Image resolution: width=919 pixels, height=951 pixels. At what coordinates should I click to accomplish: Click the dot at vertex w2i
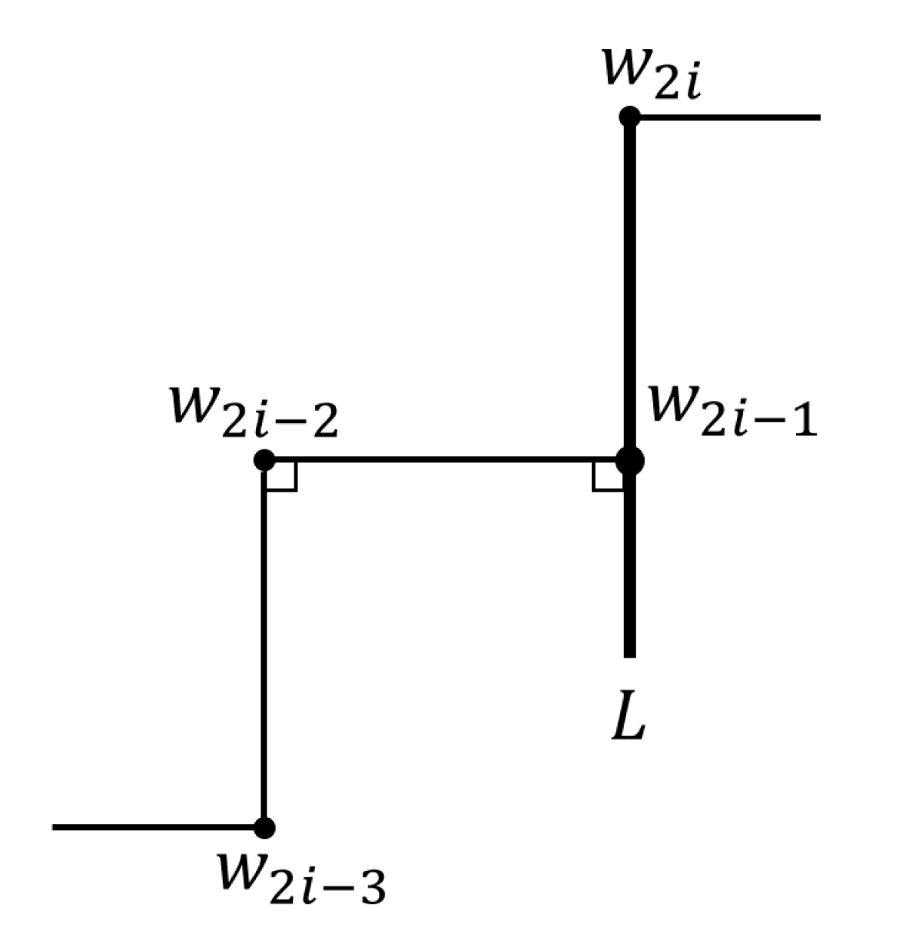[x=629, y=117]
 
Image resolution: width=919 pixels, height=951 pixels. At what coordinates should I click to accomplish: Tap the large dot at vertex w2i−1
[x=629, y=460]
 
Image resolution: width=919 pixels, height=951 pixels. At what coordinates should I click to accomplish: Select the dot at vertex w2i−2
[x=264, y=460]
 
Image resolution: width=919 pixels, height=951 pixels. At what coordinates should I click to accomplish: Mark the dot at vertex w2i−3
[x=264, y=827]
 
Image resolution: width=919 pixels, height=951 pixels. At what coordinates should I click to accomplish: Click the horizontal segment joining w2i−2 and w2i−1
[x=446, y=460]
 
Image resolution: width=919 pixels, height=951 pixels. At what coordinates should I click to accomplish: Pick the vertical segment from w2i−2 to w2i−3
[x=264, y=645]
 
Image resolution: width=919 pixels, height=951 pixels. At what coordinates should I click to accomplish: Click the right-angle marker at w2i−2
[x=281, y=477]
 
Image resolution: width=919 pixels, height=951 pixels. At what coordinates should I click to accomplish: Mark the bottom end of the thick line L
[x=629, y=655]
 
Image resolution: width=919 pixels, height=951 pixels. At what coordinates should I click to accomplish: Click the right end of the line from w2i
[x=818, y=118]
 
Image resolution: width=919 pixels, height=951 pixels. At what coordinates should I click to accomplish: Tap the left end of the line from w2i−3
[x=54, y=827]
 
